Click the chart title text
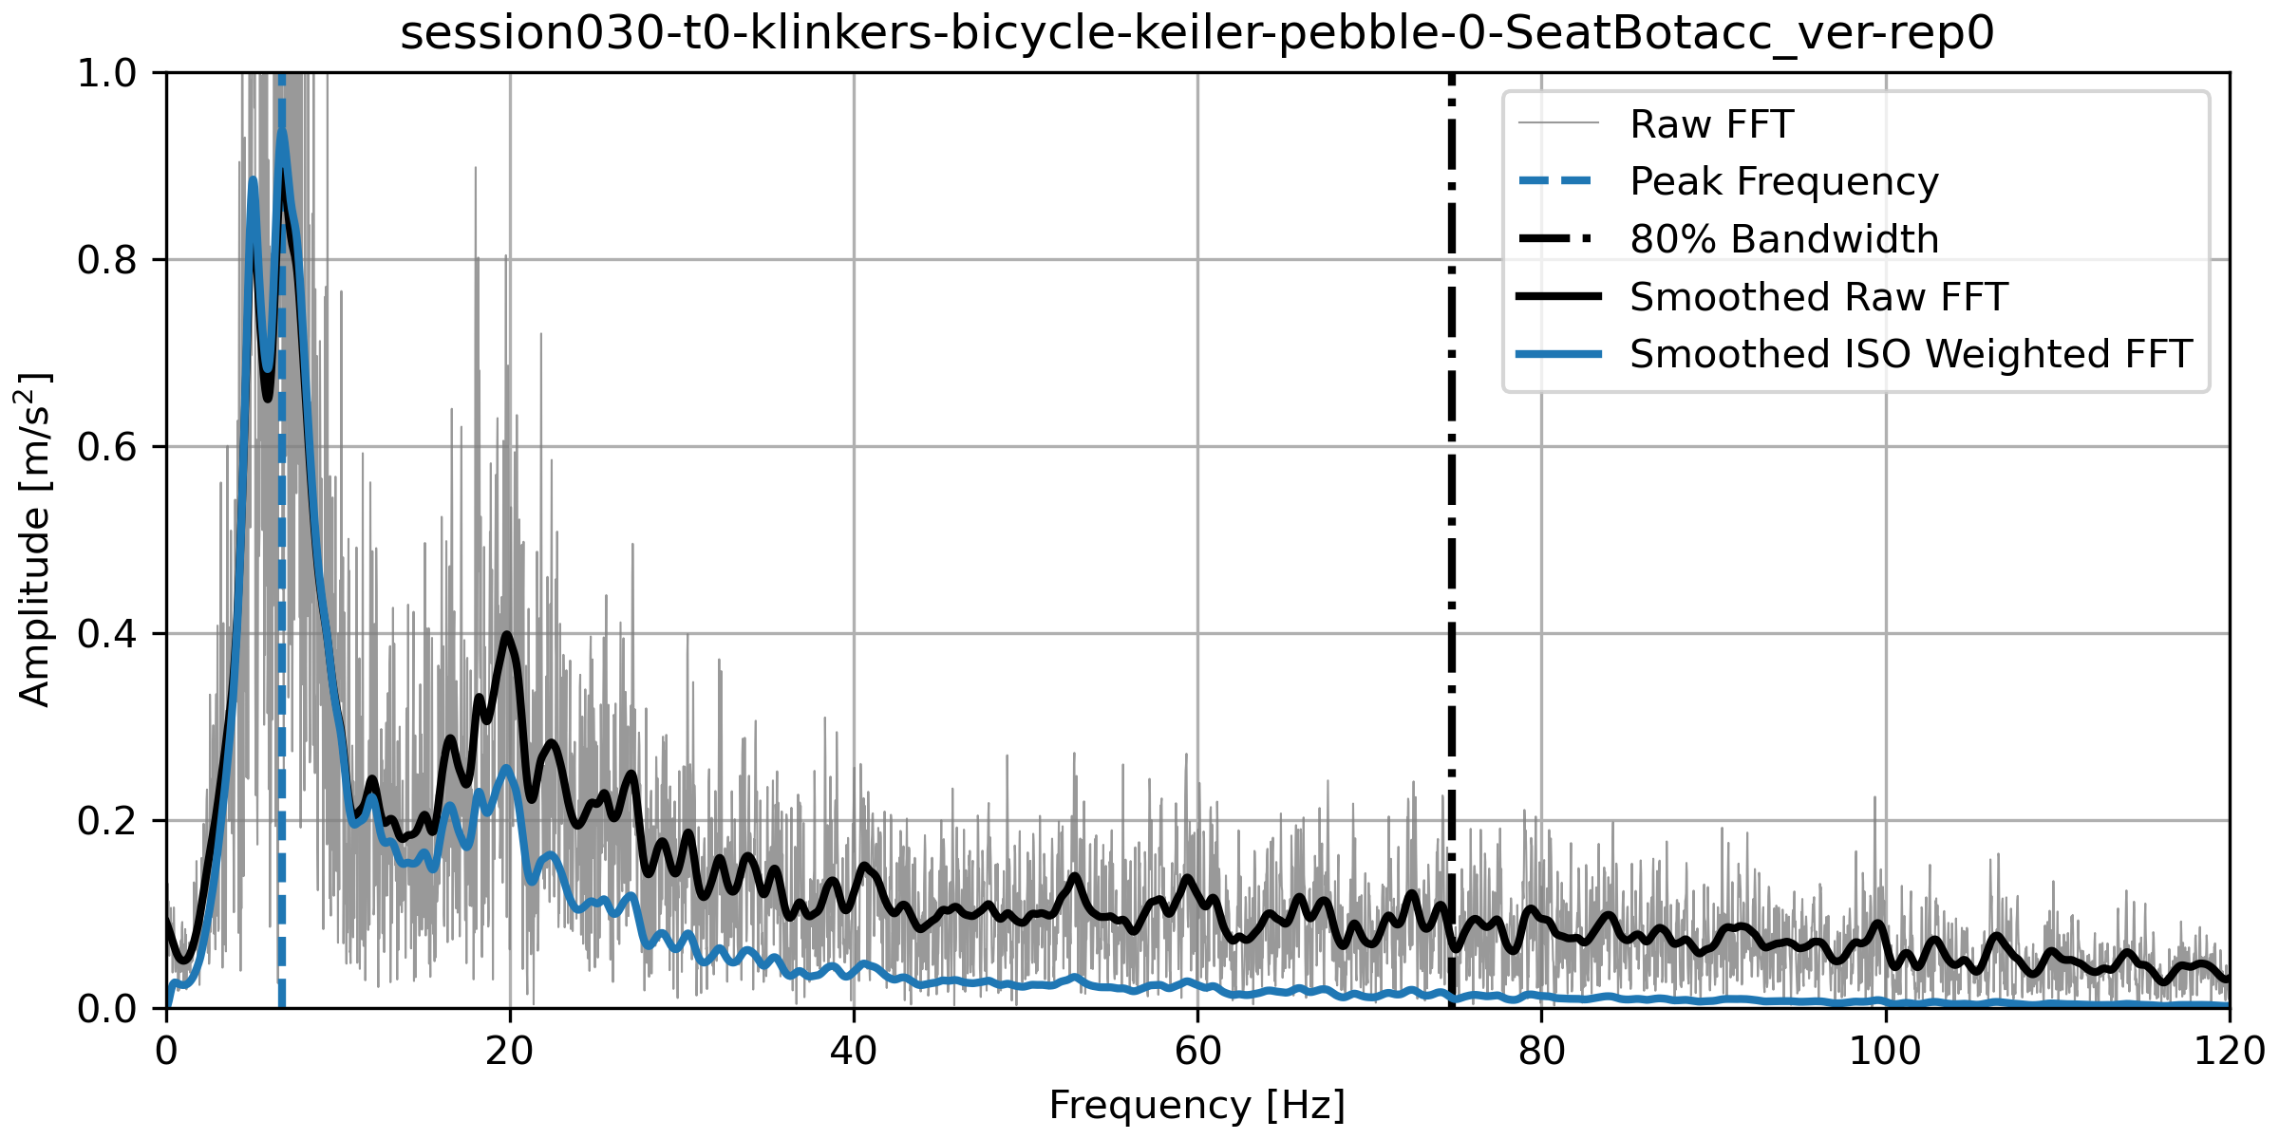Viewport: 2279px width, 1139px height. [x=1196, y=34]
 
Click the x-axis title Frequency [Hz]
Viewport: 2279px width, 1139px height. [x=1196, y=1106]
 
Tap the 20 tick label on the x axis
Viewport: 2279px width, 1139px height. [x=510, y=1052]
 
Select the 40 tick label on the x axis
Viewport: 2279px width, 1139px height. [x=854, y=1052]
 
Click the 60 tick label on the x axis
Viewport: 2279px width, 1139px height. [x=1197, y=1052]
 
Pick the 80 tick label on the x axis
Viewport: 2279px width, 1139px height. [x=1541, y=1052]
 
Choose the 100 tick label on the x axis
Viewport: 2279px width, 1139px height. [x=1885, y=1052]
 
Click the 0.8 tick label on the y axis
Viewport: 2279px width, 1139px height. [x=107, y=260]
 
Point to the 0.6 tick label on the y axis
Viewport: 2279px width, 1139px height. [x=107, y=447]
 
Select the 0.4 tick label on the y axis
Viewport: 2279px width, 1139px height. [x=107, y=634]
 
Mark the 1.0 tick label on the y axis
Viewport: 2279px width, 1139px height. [x=107, y=73]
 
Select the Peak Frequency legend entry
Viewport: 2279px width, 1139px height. [x=1783, y=181]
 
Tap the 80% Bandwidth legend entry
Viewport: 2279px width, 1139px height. [x=1783, y=239]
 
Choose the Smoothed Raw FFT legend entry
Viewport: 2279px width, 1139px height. [x=1818, y=297]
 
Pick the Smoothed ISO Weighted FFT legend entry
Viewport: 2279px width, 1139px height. [x=1910, y=354]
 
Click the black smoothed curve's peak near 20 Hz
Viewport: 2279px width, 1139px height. [x=507, y=635]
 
